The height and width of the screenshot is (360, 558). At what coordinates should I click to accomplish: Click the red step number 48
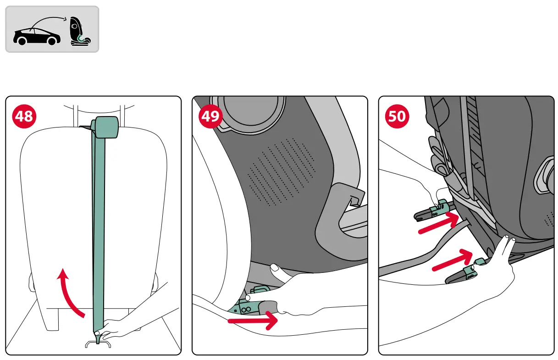coord(24,116)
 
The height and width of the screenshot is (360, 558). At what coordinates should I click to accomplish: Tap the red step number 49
coord(210,116)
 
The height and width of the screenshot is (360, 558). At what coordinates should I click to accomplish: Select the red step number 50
coord(397,116)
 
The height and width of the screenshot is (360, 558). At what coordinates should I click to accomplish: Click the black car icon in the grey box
coord(37,36)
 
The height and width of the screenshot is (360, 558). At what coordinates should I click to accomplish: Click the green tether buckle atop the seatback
coord(106,127)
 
